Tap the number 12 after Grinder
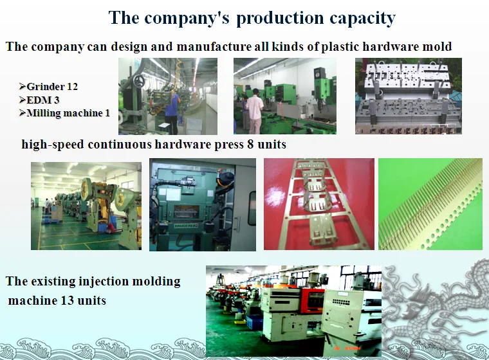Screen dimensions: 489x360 coord(72,86)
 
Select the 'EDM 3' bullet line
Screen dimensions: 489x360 coord(39,100)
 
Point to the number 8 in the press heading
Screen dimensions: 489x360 coord(250,144)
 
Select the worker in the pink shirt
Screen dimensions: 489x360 coord(255,111)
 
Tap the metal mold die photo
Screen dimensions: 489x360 coord(409,96)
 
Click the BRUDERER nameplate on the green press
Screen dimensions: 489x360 coord(186,226)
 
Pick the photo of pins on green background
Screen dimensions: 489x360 coord(430,204)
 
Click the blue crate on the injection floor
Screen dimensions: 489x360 coord(254,322)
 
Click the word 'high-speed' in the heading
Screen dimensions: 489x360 coord(53,145)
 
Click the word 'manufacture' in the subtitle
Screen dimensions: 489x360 coord(214,46)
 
